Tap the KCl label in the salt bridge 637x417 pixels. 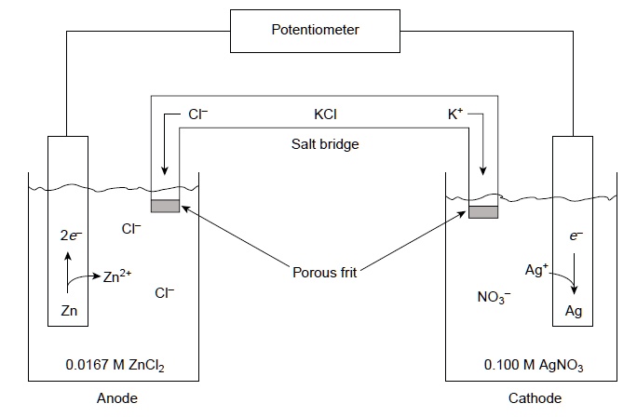pos(326,117)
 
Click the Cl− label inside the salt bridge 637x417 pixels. pos(197,117)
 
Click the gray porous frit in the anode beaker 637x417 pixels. pos(165,206)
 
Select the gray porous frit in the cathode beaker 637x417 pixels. pos(483,212)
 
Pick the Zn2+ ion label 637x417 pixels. pos(118,276)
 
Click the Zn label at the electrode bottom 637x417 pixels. pos(69,311)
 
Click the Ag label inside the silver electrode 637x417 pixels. pos(574,311)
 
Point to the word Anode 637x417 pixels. pos(116,398)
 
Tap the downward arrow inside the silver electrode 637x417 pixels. pos(574,277)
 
